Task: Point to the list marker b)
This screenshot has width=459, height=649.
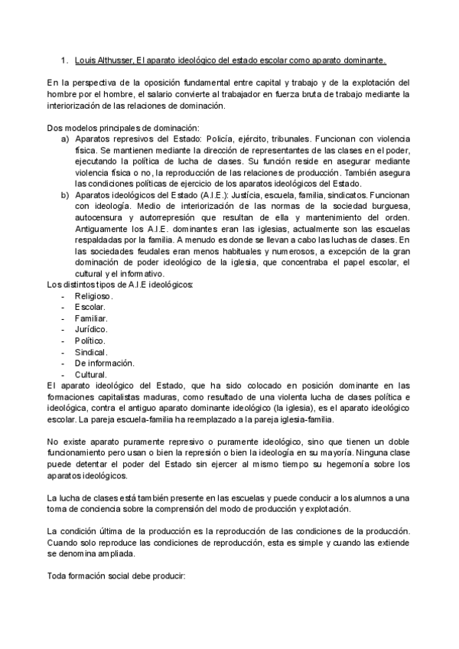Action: point(65,196)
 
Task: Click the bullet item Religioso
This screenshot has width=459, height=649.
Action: point(94,295)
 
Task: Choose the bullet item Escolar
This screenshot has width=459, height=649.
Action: point(90,307)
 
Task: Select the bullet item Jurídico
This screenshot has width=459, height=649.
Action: point(91,329)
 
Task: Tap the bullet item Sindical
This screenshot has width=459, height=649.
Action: point(91,351)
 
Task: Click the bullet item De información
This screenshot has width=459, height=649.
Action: point(104,363)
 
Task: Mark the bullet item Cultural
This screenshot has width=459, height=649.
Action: point(90,374)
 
